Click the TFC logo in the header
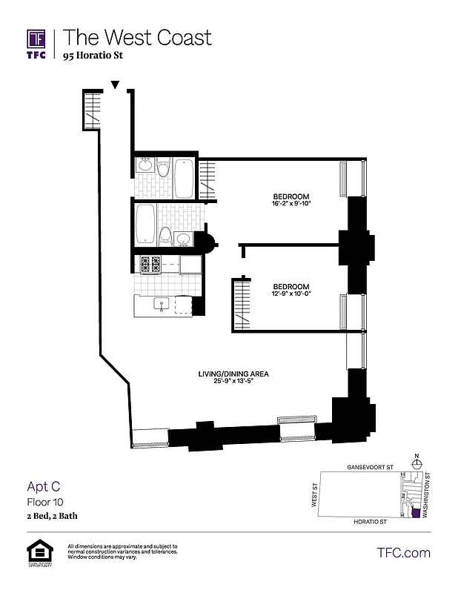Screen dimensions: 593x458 tap(36, 42)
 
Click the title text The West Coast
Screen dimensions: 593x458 tap(137, 37)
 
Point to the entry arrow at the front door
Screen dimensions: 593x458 tap(114, 87)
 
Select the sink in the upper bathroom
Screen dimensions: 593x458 tap(145, 167)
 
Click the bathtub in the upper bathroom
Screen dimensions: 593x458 tap(184, 178)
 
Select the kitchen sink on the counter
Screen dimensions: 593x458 tap(160, 304)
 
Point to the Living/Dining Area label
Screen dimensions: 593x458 tap(233, 374)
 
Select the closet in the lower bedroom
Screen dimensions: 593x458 tap(240, 304)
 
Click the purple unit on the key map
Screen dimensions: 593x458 tap(415, 512)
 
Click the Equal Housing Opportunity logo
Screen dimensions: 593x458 tap(36, 552)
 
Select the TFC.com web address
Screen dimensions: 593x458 tap(403, 552)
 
